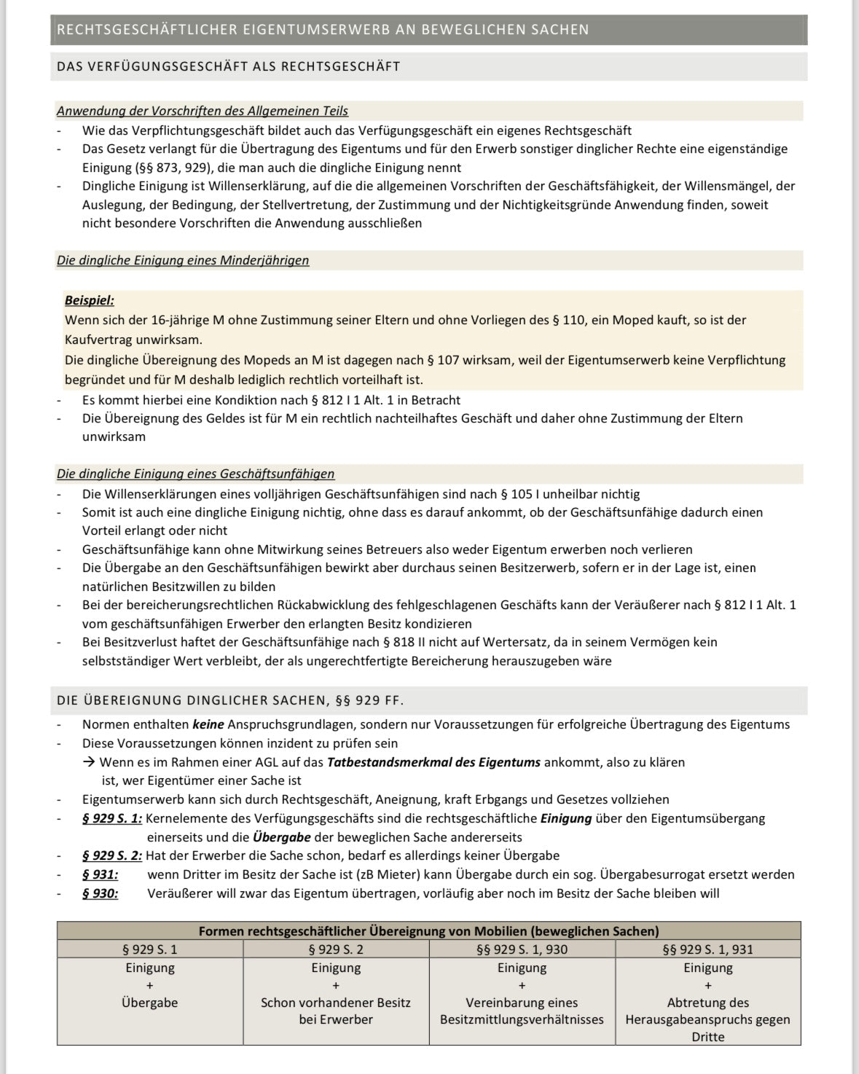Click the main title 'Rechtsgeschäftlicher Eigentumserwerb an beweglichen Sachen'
point(323,30)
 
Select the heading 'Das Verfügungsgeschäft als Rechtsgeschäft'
point(229,66)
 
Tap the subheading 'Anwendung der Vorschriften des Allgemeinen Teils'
point(203,111)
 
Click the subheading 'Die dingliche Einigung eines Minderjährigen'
point(183,260)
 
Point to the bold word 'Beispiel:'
point(90,300)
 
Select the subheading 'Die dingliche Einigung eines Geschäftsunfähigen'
point(196,474)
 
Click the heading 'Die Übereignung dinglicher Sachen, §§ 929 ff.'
point(230,700)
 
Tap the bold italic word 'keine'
point(208,724)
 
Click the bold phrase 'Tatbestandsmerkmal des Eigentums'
point(434,762)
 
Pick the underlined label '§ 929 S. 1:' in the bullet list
point(112,818)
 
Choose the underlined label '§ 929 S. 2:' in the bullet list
point(112,855)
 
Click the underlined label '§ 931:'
point(100,874)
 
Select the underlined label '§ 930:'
point(100,893)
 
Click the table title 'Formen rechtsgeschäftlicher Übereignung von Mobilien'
point(428,930)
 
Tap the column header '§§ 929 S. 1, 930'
point(522,949)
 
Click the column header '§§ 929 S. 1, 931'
point(707,949)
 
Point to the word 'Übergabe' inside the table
point(150,1003)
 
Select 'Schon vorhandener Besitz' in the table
point(336,1003)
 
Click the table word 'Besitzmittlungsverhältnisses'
point(522,1019)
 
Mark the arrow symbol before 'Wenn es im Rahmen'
point(89,762)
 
